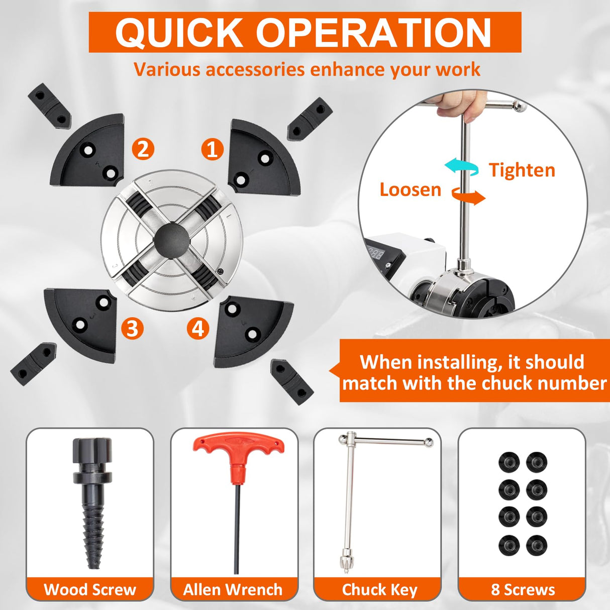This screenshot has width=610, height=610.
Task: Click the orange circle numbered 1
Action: [x=213, y=149]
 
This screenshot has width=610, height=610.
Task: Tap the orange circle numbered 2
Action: [x=143, y=149]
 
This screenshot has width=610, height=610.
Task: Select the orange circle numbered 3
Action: [x=133, y=328]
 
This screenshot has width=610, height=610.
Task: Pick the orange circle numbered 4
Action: [x=198, y=329]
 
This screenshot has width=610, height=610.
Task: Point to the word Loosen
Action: [x=410, y=189]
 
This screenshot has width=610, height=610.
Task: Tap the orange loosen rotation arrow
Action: [x=468, y=197]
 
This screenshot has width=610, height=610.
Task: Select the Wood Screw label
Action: [x=90, y=589]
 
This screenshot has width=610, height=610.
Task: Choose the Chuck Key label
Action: [x=379, y=590]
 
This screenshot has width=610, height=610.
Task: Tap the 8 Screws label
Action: [x=523, y=589]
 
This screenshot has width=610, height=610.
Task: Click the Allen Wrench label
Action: [x=233, y=589]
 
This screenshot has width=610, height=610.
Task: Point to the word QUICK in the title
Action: [x=179, y=33]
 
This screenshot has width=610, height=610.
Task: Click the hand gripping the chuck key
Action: [x=458, y=105]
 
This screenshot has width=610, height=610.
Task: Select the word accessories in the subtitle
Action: [x=255, y=69]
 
